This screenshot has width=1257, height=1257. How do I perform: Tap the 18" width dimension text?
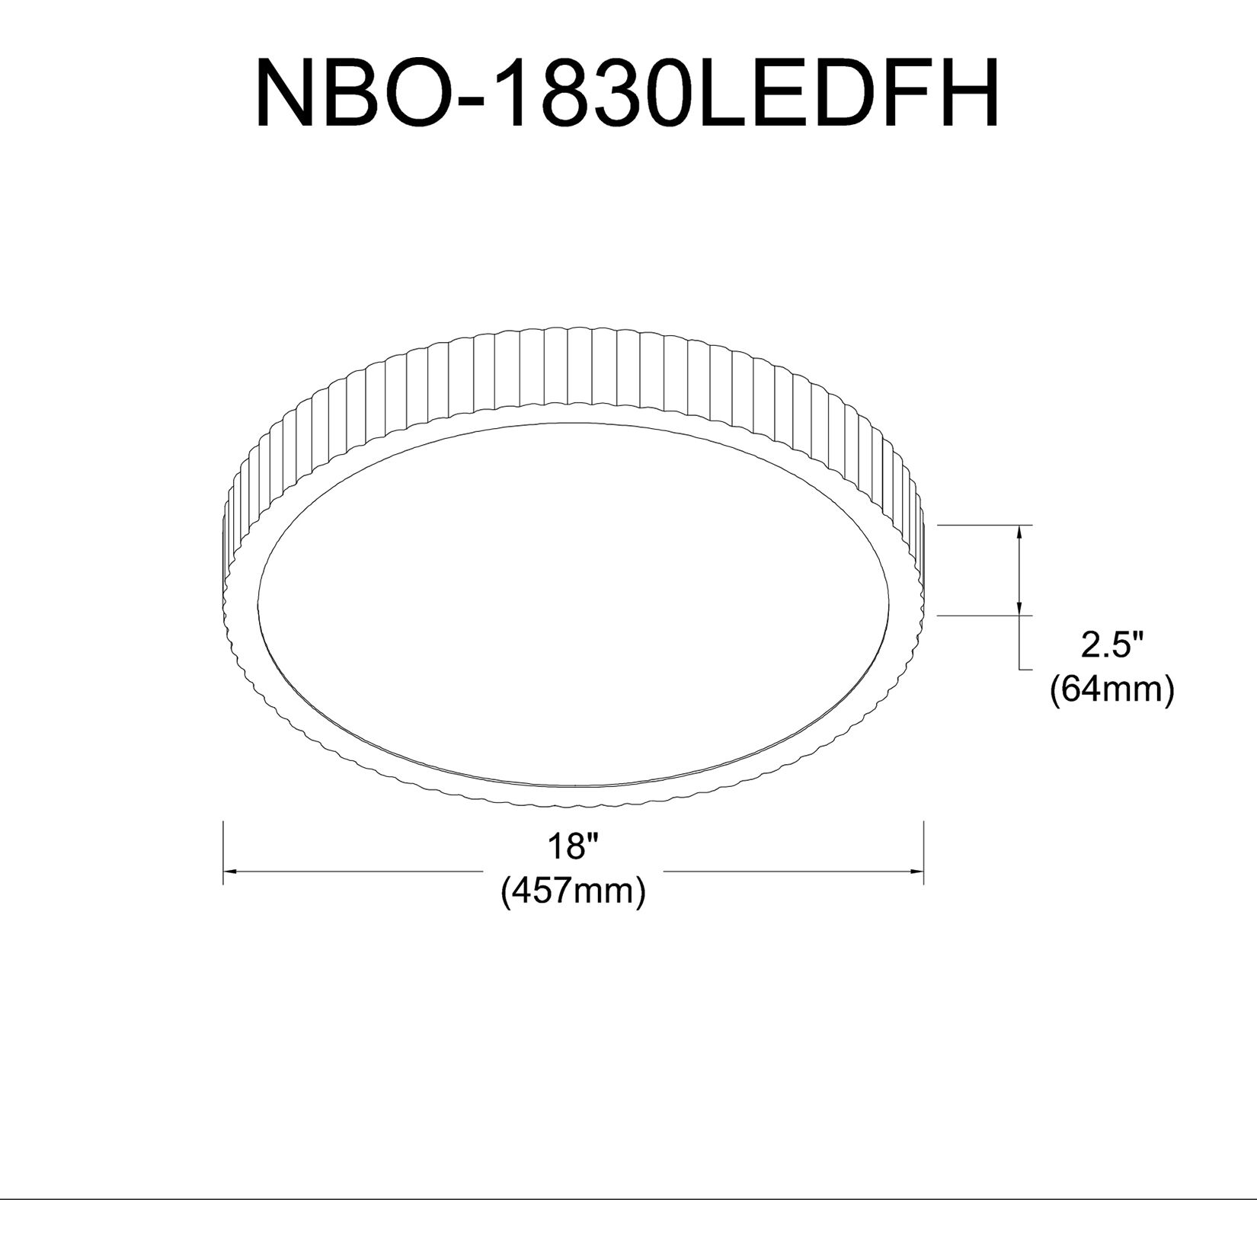(574, 846)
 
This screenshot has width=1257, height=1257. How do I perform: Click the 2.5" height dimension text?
(1113, 646)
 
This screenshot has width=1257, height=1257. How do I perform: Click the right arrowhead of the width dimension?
(915, 871)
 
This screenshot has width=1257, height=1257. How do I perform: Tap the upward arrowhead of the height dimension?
(1020, 534)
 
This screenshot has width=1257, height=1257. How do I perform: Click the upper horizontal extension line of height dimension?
(983, 525)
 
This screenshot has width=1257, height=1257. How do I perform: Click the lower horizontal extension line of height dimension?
(983, 615)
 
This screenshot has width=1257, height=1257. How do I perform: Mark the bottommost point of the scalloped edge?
(573, 802)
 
